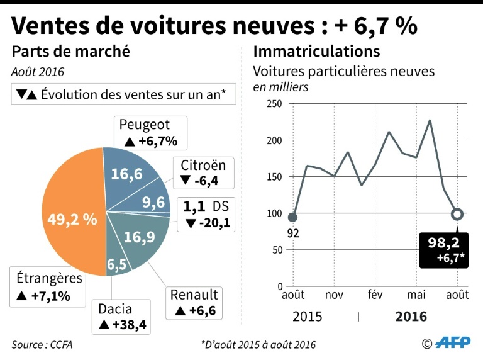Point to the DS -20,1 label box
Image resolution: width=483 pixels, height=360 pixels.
pos(207,215)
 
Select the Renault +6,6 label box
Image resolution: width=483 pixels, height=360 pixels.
pos(196,302)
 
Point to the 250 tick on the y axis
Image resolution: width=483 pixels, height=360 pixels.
pos(275,104)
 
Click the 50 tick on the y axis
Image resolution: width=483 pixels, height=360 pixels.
pos(277,250)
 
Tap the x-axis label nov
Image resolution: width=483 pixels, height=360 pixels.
pos(334,296)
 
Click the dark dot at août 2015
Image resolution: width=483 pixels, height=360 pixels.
pos(292,217)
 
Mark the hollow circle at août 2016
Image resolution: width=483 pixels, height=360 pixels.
pos(457,214)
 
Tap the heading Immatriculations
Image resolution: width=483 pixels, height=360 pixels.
pos(316,51)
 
